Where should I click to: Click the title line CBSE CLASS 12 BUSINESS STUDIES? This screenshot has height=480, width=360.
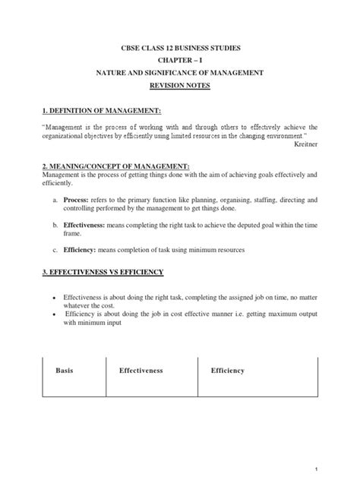(180, 48)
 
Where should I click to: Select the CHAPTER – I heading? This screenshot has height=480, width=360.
(180, 60)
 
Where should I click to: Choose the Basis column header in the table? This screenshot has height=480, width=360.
(66, 371)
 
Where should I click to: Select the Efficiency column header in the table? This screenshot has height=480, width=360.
(227, 371)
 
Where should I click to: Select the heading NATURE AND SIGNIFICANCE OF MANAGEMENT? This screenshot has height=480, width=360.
(180, 72)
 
